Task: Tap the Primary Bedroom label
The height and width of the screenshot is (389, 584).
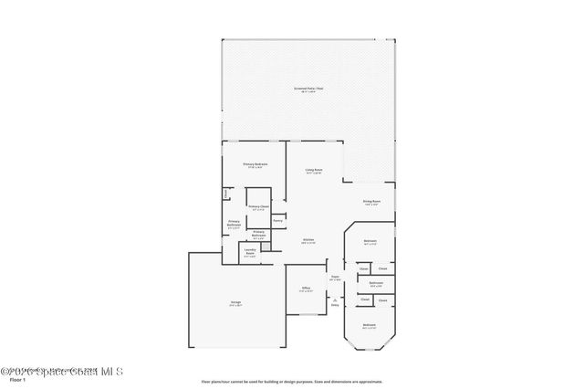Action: pos(254,163)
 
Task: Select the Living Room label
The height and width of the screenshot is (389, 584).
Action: pos(316,170)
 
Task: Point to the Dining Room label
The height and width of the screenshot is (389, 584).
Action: pos(371,201)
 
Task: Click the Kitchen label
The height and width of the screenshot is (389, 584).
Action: pos(308,240)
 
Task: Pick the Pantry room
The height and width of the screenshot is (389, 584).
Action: pos(277,220)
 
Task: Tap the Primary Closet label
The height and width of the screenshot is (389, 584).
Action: pos(258,207)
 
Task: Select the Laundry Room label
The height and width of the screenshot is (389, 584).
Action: pos(249,252)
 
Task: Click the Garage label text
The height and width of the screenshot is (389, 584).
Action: pos(235,301)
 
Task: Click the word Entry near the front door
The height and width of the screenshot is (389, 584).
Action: pos(335,305)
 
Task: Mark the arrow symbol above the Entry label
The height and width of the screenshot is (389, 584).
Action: pos(335,298)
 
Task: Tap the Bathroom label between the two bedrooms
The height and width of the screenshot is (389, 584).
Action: pos(375,283)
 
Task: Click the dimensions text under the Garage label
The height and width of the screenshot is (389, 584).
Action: pos(235,305)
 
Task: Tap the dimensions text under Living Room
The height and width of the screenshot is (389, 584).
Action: pos(316,173)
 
